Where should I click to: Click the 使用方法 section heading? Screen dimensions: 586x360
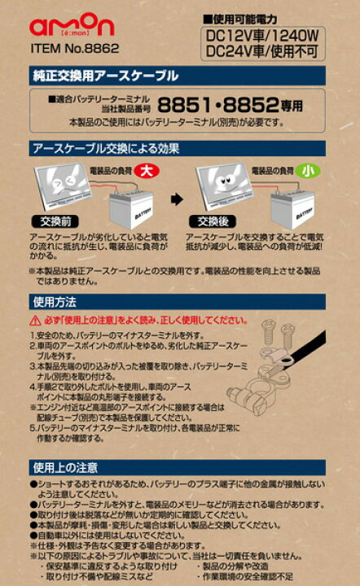[53, 300]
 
